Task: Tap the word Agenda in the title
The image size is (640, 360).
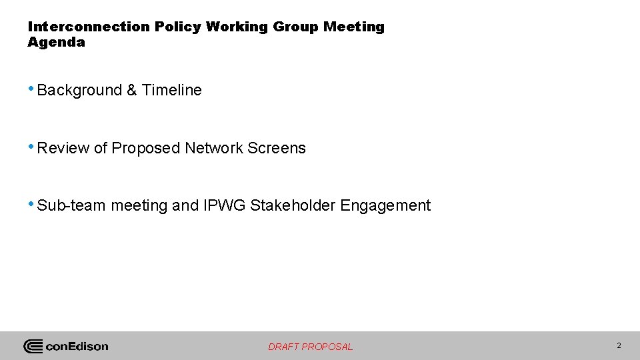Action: pos(57,42)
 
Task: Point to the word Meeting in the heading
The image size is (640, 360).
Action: pos(354,27)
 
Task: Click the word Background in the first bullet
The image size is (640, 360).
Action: pos(80,90)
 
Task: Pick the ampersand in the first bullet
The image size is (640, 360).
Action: pos(132,90)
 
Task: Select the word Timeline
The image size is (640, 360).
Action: pos(171,90)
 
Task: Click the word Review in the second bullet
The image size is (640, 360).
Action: pos(63,148)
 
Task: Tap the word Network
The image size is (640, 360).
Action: pos(214,148)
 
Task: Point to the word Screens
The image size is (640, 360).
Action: pos(277,148)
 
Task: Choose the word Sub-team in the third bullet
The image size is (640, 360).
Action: pos(72,205)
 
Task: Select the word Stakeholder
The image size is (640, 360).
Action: pos(293,205)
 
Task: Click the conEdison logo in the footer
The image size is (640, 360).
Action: pos(66,346)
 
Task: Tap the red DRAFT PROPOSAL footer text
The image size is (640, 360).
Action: pos(311,347)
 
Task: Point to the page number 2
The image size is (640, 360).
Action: pos(619,345)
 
